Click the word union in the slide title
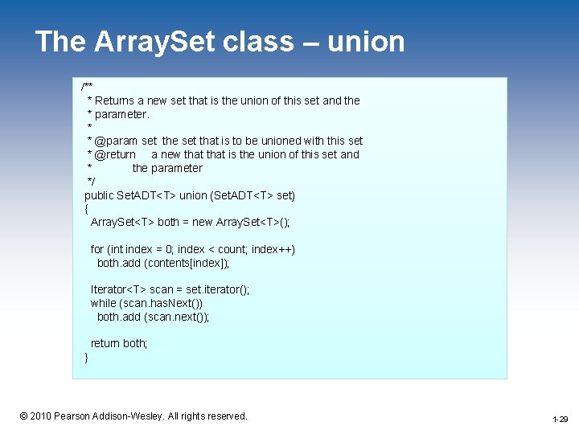pyautogui.click(x=366, y=42)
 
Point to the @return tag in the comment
pyautogui.click(x=115, y=154)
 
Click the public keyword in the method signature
pyautogui.click(x=101, y=195)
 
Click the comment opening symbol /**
pyautogui.click(x=87, y=86)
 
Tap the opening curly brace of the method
pyautogui.click(x=87, y=209)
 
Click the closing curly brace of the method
pyautogui.click(x=87, y=357)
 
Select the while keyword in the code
pyautogui.click(x=103, y=303)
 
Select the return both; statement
pyautogui.click(x=119, y=343)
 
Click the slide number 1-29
pyautogui.click(x=560, y=420)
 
